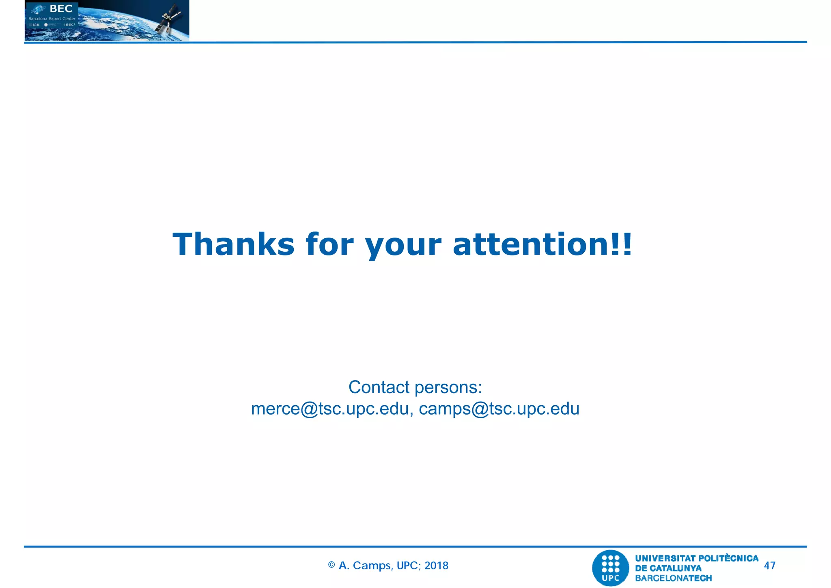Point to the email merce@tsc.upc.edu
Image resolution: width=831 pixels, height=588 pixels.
(x=329, y=409)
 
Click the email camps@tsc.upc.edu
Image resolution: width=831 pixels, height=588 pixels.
(x=499, y=409)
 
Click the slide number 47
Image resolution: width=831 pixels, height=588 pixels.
(x=769, y=565)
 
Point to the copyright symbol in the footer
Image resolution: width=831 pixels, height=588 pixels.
(x=332, y=565)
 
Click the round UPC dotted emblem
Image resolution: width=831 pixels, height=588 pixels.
(x=610, y=567)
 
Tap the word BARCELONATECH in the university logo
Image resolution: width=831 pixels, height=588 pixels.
(x=673, y=578)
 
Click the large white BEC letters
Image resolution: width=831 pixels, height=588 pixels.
(x=61, y=9)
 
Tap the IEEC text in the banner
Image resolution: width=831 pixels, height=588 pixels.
(x=69, y=25)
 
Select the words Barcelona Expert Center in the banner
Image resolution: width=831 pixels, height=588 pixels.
(x=52, y=19)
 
